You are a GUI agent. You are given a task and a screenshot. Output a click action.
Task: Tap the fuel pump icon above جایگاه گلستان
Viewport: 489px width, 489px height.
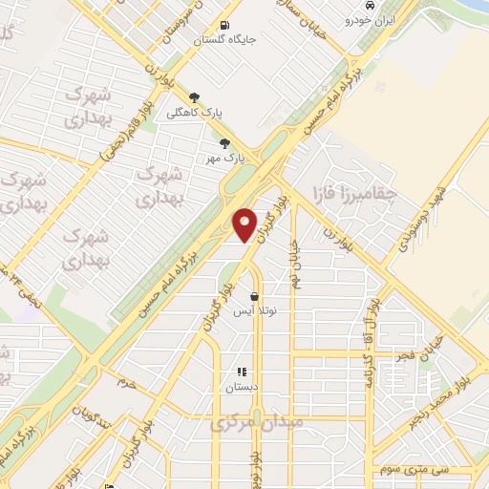(223, 26)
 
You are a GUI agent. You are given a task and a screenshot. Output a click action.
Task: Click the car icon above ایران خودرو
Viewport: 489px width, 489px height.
(356, 6)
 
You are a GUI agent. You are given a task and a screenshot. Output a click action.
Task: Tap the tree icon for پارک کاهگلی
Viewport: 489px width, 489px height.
(196, 97)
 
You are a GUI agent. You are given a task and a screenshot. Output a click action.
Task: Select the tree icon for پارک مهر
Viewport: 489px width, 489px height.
(224, 143)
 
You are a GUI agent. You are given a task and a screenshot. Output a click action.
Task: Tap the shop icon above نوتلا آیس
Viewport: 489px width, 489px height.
(254, 297)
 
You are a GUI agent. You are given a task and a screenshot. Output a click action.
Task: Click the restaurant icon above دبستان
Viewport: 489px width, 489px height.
(242, 372)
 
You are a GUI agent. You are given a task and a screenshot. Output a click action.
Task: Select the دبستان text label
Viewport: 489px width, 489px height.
(241, 387)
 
